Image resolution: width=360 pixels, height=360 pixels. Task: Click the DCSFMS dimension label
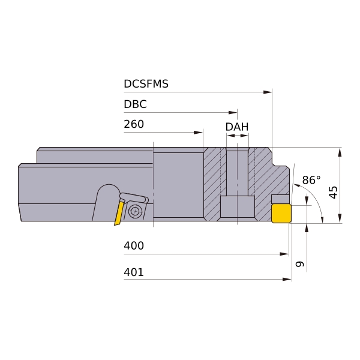[x=146, y=84]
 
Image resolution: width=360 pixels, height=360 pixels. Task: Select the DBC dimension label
[x=135, y=104]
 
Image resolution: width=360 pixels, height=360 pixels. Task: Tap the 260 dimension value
[x=134, y=124]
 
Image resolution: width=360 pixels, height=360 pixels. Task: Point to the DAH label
[x=237, y=127]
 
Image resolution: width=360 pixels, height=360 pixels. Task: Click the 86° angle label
[x=311, y=180]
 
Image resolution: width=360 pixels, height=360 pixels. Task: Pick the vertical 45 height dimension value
[x=334, y=192]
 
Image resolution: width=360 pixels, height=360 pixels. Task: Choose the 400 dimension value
[x=134, y=245]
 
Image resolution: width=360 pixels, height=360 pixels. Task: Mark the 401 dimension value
[x=134, y=272]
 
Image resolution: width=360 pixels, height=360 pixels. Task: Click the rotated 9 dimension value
[x=300, y=264]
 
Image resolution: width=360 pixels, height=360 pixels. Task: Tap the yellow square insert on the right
[x=281, y=214]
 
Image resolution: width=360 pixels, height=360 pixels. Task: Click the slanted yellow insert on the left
[x=119, y=213]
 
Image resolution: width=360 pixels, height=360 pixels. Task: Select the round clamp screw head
[x=135, y=211]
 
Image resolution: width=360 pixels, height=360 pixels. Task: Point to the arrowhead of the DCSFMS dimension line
[x=268, y=92]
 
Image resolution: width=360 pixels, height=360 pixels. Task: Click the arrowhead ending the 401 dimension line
[x=287, y=280]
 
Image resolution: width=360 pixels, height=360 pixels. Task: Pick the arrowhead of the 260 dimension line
[x=199, y=133]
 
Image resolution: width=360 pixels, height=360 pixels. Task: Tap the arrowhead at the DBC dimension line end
[x=233, y=113]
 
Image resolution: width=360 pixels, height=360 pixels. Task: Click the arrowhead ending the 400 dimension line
[x=284, y=254]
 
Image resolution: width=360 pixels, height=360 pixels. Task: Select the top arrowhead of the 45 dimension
[x=340, y=152]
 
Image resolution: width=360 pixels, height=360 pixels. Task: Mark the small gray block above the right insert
[x=280, y=199]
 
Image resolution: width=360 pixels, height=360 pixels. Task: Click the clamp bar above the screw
[x=134, y=197]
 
